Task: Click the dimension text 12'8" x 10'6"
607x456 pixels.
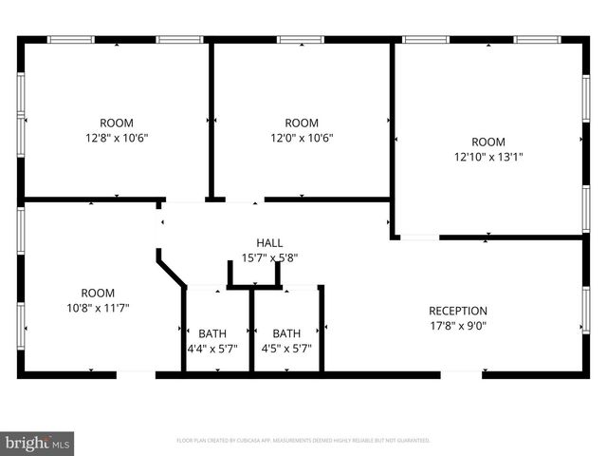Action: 117,138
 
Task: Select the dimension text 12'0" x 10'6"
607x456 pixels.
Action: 302,138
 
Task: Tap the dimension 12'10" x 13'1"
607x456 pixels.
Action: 488,158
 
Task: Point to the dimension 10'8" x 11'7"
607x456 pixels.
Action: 97,309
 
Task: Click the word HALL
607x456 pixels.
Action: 269,243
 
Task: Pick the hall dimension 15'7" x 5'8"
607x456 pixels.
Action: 269,257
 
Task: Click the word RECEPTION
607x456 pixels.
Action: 458,311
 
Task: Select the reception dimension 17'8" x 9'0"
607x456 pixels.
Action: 458,326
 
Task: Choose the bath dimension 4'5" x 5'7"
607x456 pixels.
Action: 286,349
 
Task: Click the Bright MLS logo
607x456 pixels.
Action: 38,443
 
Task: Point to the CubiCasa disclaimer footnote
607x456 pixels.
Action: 303,441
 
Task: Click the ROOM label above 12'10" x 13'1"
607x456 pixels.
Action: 488,142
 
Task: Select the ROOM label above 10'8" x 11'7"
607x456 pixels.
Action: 97,294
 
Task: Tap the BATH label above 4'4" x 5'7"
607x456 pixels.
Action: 212,333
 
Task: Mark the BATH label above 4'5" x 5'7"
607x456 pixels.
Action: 286,333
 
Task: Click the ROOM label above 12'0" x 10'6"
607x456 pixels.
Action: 302,123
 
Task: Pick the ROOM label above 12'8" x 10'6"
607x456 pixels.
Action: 117,123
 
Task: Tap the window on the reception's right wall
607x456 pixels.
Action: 586,311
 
